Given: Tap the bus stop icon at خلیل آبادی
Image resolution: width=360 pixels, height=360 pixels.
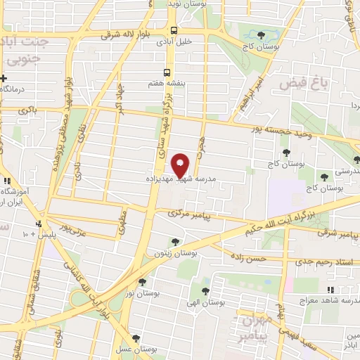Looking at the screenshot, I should (173, 30).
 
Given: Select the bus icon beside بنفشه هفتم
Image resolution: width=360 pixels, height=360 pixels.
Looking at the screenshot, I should (167, 72).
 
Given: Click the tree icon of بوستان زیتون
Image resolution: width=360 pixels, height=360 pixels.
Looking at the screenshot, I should (175, 242).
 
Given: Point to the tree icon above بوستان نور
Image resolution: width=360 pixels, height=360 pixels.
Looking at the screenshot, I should (143, 282).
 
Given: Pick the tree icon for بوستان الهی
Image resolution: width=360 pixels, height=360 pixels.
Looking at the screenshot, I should (205, 290).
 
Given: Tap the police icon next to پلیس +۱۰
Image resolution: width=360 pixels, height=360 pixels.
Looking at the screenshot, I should (39, 225).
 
